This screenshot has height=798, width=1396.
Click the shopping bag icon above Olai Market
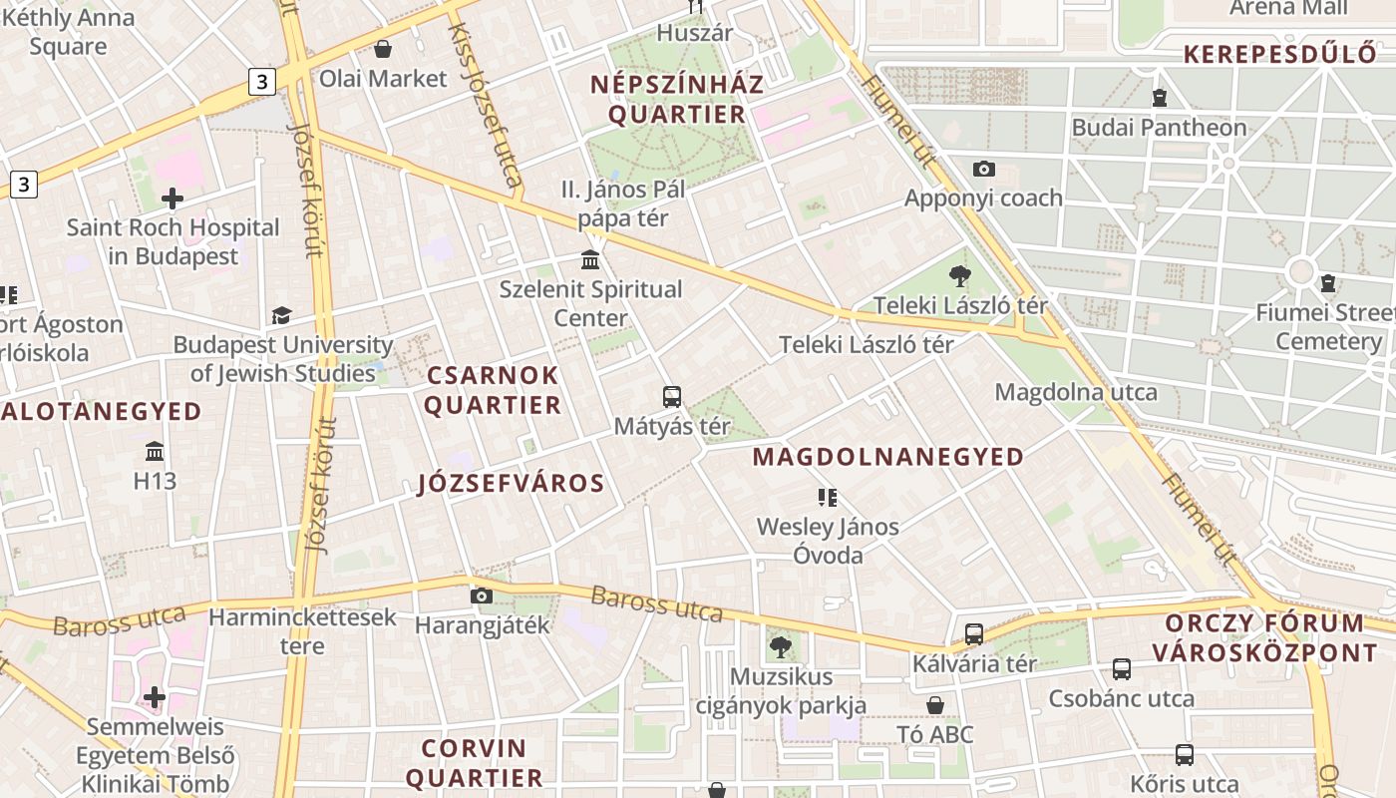(383, 49)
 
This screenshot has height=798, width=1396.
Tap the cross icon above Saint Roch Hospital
(173, 198)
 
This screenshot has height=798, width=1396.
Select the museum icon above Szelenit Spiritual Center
(590, 260)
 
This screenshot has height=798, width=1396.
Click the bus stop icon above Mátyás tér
(672, 397)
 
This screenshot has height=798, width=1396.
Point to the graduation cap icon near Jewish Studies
(282, 315)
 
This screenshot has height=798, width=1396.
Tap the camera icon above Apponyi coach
(983, 169)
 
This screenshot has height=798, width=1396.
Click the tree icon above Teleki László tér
(960, 276)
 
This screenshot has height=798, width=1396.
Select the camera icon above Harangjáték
(482, 597)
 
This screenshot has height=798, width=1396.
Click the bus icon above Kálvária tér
(974, 634)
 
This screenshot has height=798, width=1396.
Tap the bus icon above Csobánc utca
(1122, 669)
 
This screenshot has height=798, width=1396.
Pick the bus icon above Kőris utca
(1184, 755)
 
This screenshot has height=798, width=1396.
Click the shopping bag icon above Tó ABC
(935, 706)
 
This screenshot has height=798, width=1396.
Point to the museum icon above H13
(155, 452)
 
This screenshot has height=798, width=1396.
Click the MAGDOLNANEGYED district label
(887, 457)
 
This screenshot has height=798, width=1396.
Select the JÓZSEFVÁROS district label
(511, 484)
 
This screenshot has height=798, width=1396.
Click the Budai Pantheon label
(1159, 128)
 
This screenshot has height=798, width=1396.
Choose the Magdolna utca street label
(1076, 392)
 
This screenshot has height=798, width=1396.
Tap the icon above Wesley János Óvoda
(827, 497)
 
